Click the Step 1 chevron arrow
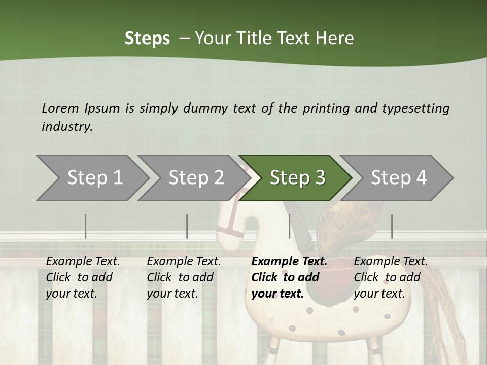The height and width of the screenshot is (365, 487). click(x=94, y=178)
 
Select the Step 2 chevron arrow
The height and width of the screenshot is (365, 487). click(x=195, y=178)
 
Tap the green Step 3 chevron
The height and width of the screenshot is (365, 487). click(x=297, y=178)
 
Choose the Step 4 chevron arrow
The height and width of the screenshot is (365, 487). click(x=398, y=178)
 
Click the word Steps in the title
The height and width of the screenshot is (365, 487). click(x=147, y=39)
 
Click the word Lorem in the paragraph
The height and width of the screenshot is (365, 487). click(x=60, y=108)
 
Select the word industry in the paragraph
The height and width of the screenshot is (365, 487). click(x=66, y=127)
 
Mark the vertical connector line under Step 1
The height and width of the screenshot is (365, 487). click(x=86, y=226)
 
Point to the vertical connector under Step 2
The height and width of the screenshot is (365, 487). click(x=187, y=226)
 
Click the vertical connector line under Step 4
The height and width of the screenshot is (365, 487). click(x=392, y=226)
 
